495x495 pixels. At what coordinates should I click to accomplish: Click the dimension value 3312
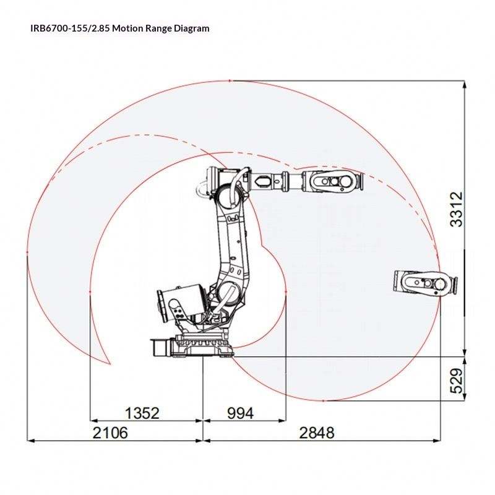coord(457,209)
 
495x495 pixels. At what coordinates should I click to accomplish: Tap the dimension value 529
coord(457,381)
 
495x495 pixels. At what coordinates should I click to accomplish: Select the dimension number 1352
coord(142,413)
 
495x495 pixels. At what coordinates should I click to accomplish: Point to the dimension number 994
coord(240,413)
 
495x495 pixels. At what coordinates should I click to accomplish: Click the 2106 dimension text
coord(110,433)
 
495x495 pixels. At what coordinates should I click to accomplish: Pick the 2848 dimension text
coord(316,433)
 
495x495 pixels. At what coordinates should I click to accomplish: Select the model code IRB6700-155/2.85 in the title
coord(70,28)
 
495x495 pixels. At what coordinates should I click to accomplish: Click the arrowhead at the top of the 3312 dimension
coord(465,84)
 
